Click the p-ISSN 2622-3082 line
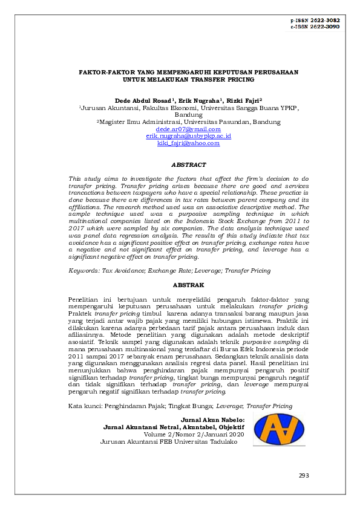pos(315,20)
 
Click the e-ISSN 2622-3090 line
pos(315,27)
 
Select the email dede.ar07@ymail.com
pos(188,129)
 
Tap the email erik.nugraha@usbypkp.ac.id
pos(188,137)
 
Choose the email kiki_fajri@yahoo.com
pos(188,144)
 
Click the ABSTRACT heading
pos(188,164)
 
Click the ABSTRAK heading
pos(188,284)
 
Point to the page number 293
pos(304,476)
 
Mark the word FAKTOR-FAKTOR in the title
pos(103,72)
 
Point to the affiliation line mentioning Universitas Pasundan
pos(188,122)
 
